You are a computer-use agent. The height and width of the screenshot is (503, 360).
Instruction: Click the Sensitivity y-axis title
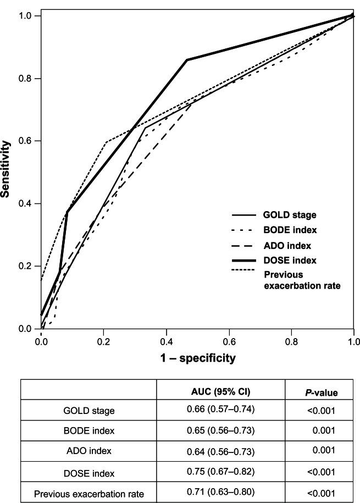point(6,169)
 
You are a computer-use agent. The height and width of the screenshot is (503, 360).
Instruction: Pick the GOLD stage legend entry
point(290,215)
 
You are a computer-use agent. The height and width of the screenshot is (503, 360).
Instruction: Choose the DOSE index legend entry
point(290,259)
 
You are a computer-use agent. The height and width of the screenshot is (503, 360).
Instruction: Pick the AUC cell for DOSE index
point(220,472)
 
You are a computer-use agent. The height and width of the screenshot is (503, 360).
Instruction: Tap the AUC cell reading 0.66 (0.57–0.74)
point(220,410)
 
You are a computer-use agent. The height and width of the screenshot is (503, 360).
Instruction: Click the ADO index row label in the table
point(89,451)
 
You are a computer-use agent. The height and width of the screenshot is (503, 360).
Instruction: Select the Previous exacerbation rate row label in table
point(89,494)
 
